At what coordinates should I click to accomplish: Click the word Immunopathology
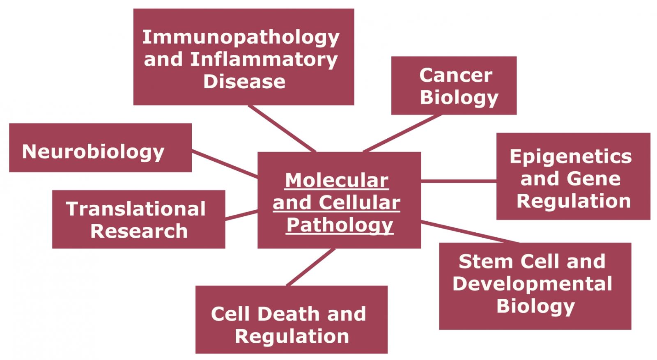[241, 38]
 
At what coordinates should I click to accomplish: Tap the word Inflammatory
[264, 60]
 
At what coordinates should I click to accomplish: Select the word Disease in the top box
[244, 82]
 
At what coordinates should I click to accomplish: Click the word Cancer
[456, 76]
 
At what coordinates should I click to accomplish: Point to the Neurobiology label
[93, 152]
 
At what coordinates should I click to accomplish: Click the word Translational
[136, 209]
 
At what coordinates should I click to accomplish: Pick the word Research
[139, 231]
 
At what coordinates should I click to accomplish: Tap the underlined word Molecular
[337, 180]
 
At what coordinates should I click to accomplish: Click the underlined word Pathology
[340, 225]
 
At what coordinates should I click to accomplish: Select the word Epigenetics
[571, 157]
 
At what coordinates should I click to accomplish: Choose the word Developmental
[532, 284]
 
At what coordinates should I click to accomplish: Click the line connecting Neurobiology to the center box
[225, 164]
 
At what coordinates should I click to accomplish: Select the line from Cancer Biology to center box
[402, 133]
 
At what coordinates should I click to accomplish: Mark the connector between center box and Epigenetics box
[459, 181]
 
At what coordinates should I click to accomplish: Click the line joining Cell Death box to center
[310, 267]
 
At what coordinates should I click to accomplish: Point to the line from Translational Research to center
[241, 215]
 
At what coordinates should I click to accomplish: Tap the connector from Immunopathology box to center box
[282, 128]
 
